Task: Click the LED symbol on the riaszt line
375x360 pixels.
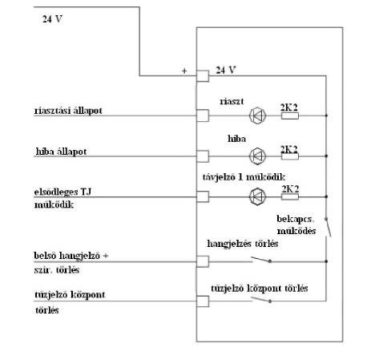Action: point(257,115)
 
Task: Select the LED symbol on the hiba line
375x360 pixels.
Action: point(257,156)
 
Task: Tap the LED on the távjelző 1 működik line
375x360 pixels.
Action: point(257,196)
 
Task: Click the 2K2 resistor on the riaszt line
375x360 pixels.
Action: point(290,115)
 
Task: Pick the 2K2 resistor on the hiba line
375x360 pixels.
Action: point(290,156)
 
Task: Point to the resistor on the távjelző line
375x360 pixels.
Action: point(290,197)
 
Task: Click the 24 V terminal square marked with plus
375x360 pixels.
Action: point(203,76)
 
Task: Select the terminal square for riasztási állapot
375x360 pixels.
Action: point(203,115)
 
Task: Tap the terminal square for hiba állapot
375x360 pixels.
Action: point(203,156)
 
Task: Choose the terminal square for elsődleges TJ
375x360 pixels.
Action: point(203,197)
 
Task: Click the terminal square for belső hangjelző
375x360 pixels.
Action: point(203,261)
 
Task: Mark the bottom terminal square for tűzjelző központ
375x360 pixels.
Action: point(203,301)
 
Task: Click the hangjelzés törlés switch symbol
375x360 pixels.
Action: point(261,259)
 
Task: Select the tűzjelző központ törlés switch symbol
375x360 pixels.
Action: point(261,299)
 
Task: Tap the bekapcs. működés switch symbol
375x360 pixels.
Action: point(329,228)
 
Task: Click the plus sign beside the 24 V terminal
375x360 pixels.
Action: point(184,71)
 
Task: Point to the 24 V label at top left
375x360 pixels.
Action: point(52,19)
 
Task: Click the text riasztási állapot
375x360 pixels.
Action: point(68,111)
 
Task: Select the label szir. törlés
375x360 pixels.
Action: point(57,270)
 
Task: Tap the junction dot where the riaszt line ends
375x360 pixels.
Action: point(326,115)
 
